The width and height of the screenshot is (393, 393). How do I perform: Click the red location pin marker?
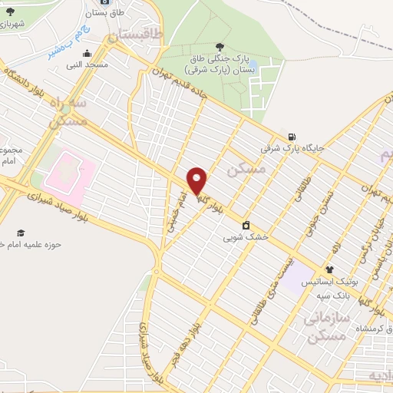pos(197,181)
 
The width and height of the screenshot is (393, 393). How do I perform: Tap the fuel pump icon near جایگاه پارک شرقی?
pos(291,137)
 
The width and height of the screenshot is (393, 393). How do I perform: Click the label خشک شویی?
pos(246,237)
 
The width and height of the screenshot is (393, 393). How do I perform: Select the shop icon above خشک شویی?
pos(246,226)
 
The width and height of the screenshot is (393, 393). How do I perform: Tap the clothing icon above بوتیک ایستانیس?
pos(329,269)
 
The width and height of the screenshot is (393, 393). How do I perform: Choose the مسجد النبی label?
pos(88,65)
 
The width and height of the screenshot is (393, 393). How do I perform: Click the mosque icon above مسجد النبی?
pos(87,54)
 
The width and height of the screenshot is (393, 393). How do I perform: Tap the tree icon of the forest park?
pos(221,47)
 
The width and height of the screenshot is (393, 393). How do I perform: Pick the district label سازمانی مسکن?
pos(326,326)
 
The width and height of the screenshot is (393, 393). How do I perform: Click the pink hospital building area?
pos(69,172)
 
